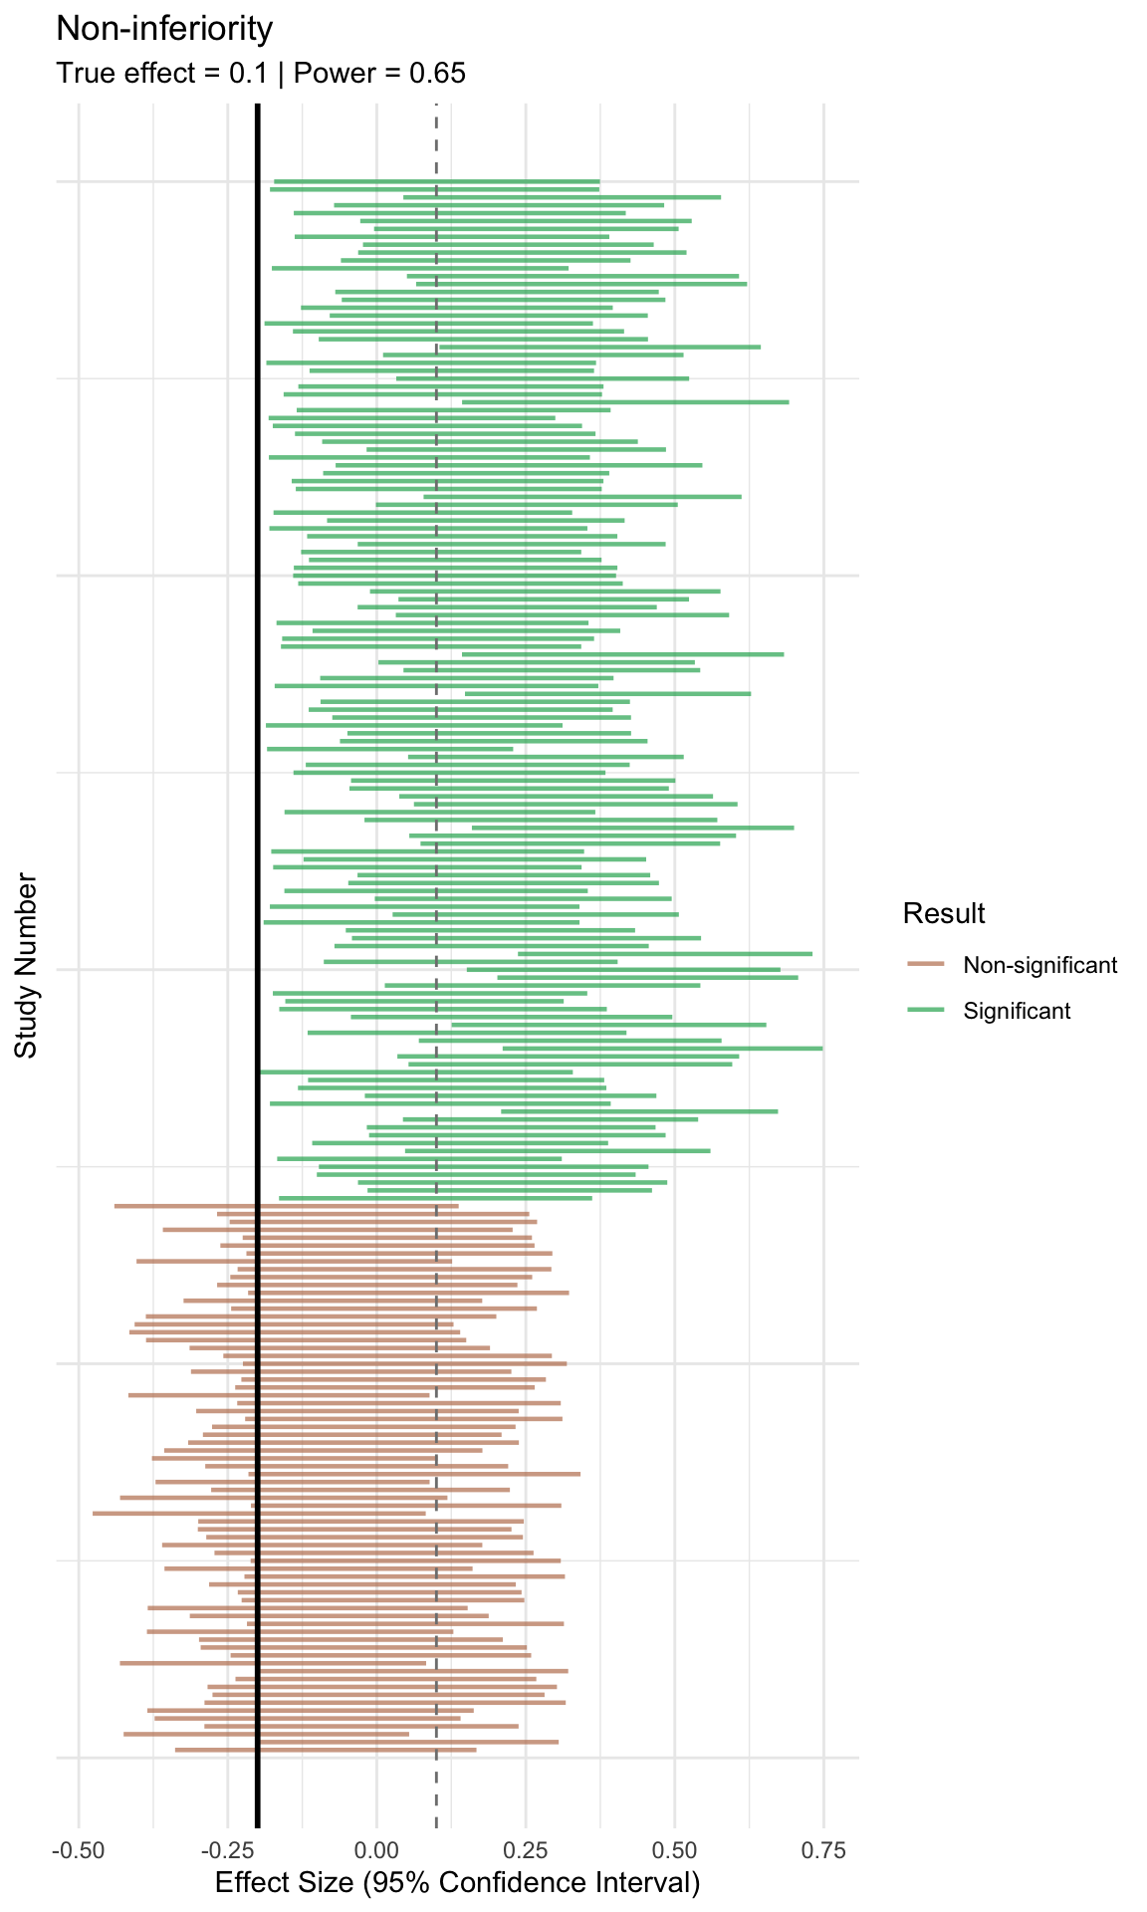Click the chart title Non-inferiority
click(x=164, y=30)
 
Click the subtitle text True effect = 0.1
click(x=162, y=74)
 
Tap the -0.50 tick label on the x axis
click(x=79, y=1851)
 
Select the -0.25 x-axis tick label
click(x=227, y=1851)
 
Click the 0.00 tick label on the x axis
click(x=377, y=1851)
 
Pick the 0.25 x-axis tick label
click(x=526, y=1851)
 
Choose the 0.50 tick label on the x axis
click(x=675, y=1851)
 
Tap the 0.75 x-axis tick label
click(x=823, y=1851)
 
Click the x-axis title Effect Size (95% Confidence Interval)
click(x=458, y=1883)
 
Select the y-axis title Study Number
click(x=27, y=966)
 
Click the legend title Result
click(x=944, y=913)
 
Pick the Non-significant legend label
click(x=1040, y=965)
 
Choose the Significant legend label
click(x=1017, y=1011)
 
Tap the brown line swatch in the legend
click(x=926, y=965)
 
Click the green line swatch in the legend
click(x=926, y=1011)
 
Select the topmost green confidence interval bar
click(x=436, y=181)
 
